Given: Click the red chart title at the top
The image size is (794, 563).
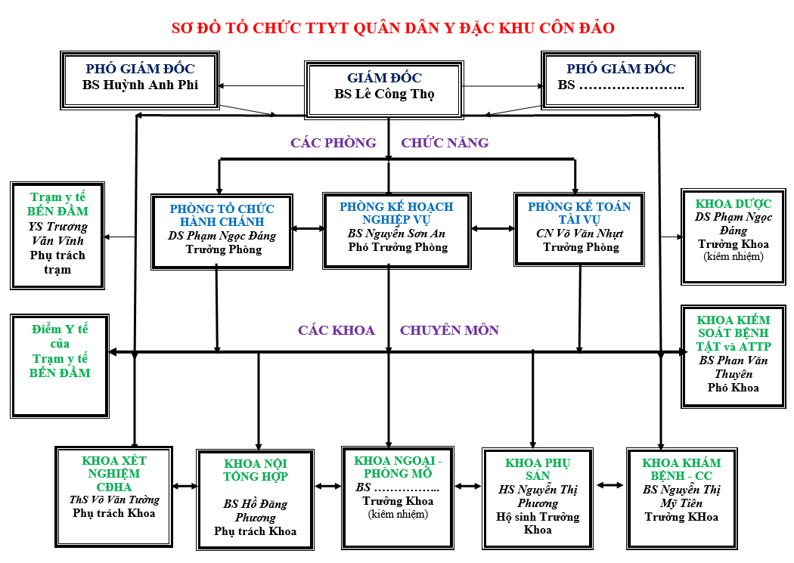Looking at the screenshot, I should tap(393, 29).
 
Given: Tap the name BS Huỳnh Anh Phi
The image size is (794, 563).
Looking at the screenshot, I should tap(140, 85).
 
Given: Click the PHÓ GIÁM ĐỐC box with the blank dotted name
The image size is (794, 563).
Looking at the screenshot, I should tap(621, 78).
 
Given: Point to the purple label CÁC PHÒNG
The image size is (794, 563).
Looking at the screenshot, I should tap(333, 143).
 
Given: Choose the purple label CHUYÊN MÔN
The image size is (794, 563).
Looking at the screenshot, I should tap(449, 330).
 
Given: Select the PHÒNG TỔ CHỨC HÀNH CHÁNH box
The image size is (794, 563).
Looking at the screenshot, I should tap(222, 230).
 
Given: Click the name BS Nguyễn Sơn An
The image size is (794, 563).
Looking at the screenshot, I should tap(396, 234).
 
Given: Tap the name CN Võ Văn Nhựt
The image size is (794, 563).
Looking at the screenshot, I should tap(581, 234).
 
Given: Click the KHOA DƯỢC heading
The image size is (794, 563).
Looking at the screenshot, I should tap(734, 204).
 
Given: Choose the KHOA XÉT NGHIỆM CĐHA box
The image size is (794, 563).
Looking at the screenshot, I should tap(113, 495).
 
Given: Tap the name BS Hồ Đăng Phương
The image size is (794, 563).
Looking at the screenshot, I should tap(255, 511).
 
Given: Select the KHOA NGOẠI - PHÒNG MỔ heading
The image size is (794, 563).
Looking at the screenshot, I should tap(397, 467).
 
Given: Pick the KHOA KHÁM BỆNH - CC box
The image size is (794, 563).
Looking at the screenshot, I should tap(681, 496).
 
